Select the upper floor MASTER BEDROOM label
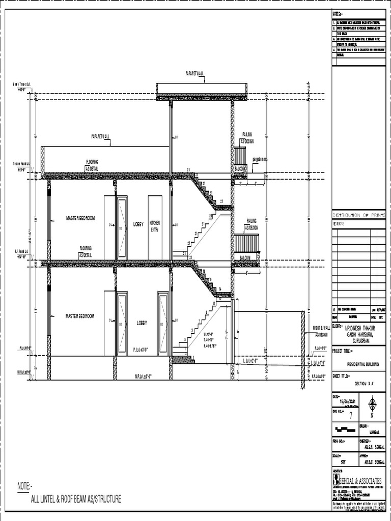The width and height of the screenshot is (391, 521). tap(80, 218)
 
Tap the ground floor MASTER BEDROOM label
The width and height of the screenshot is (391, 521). tap(80, 316)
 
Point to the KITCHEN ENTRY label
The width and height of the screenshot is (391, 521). tap(154, 226)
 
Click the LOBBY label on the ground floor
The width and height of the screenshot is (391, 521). tap(142, 323)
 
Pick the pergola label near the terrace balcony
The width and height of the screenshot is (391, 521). tap(260, 159)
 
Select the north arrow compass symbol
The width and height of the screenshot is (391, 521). tap(372, 406)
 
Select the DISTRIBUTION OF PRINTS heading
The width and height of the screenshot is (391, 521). tap(359, 215)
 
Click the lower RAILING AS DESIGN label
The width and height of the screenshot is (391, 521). tap(252, 224)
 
